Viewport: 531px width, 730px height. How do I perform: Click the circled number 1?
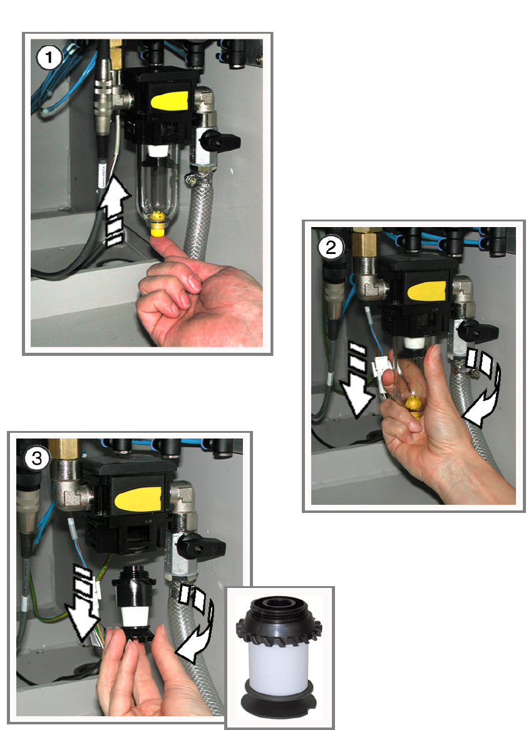(49, 58)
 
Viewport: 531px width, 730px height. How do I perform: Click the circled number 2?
(331, 247)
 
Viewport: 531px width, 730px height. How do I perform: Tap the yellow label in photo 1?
(170, 101)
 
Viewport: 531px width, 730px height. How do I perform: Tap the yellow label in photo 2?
(427, 291)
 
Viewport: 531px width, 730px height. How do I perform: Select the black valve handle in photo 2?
(477, 331)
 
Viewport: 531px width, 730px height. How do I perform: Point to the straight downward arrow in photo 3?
(84, 606)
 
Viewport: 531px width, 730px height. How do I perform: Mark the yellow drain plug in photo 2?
(413, 405)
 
